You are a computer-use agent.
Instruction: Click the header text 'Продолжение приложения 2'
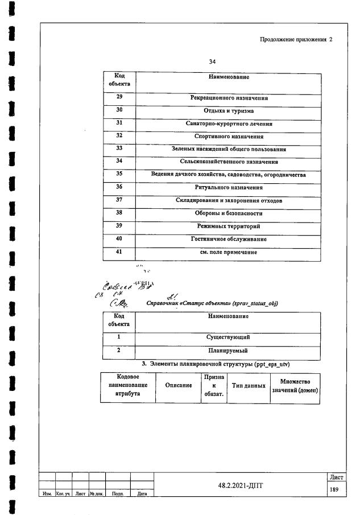[x=296, y=40]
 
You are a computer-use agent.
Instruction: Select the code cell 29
[x=119, y=98]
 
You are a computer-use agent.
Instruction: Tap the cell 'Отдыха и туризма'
[x=229, y=111]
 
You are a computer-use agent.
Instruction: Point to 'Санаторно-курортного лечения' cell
[x=229, y=123]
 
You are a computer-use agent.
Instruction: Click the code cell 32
[x=119, y=136]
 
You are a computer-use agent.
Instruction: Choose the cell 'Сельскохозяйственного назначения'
[x=229, y=162]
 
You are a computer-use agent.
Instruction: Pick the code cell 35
[x=119, y=174]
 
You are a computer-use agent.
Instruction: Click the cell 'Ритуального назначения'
[x=229, y=187]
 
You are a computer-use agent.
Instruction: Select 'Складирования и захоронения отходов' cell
[x=229, y=200]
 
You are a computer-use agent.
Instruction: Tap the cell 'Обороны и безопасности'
[x=229, y=213]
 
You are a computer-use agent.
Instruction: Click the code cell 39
[x=119, y=226]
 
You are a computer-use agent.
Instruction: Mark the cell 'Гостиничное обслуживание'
[x=229, y=239]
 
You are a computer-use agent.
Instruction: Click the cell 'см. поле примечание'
[x=229, y=252]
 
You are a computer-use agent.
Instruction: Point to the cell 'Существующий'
[x=229, y=337]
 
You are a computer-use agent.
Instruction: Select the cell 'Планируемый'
[x=229, y=351]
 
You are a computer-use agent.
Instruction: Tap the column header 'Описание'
[x=179, y=386]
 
